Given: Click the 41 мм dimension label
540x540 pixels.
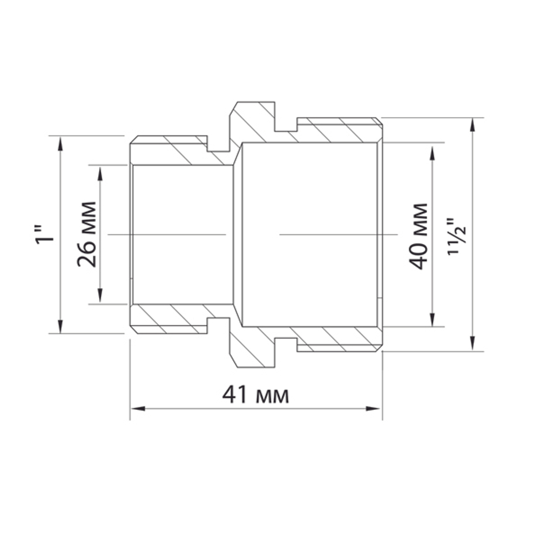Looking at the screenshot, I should (255, 395).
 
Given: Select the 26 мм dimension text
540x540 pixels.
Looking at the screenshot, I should (87, 234).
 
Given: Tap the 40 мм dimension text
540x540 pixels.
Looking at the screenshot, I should (418, 236).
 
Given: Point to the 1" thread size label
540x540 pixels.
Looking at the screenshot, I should (45, 234).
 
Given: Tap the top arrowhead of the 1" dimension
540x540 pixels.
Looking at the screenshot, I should (60, 141).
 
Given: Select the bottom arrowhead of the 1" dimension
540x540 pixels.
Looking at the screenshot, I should (60, 327).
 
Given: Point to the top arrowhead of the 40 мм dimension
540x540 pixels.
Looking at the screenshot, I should (432, 150).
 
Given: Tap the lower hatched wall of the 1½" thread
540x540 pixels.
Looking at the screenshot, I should (335, 338).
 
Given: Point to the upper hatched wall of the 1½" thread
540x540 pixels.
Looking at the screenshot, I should (335, 131).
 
